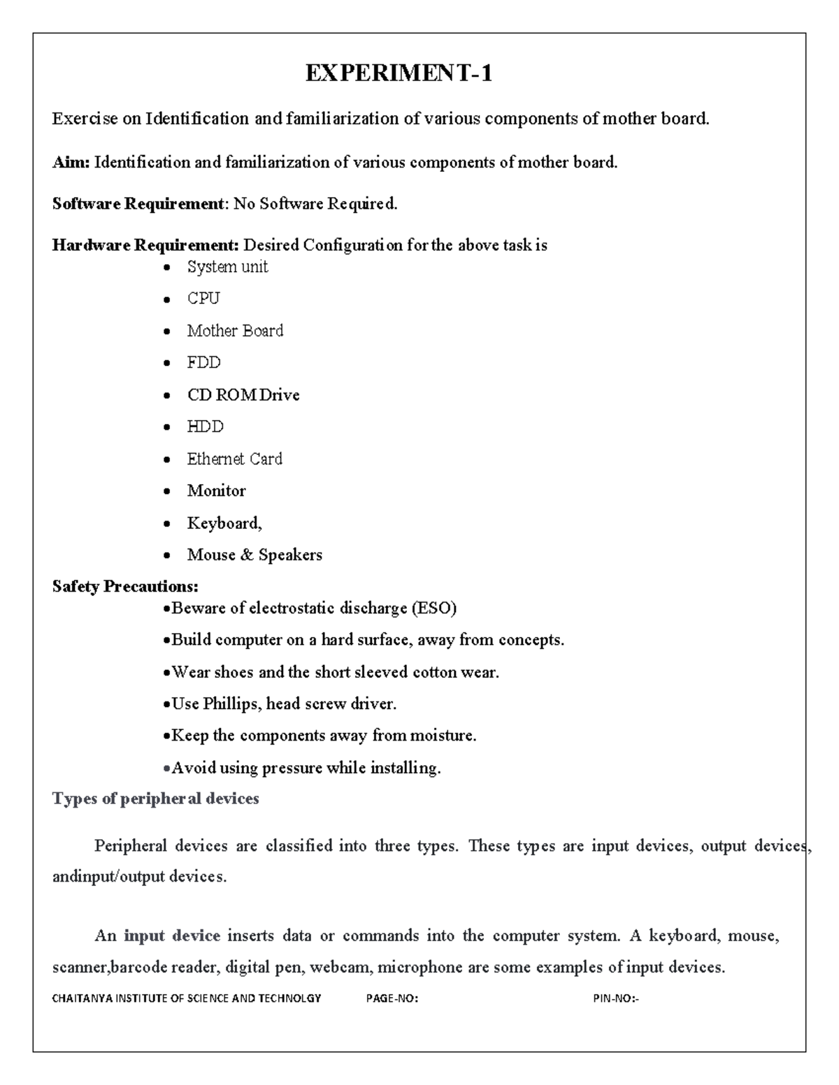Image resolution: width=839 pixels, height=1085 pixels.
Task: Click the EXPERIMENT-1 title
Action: (399, 73)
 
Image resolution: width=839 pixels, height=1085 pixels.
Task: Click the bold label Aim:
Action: (71, 163)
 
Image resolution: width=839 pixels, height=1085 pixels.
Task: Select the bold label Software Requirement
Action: (137, 204)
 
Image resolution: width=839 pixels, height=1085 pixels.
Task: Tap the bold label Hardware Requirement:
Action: (145, 245)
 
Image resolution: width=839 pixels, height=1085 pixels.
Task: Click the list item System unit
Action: (227, 267)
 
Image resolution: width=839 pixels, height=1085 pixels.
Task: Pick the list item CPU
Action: (203, 298)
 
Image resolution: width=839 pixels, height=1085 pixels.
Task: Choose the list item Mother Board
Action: (235, 330)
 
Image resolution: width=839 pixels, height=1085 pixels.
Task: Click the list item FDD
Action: (203, 363)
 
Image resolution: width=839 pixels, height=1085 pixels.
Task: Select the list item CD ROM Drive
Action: (243, 395)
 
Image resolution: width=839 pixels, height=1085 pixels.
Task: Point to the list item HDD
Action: (205, 427)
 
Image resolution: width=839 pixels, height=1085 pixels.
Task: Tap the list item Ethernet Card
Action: (234, 459)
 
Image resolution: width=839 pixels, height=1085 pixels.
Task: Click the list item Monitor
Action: (216, 491)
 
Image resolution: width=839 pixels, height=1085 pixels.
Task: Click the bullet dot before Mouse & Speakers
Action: (166, 556)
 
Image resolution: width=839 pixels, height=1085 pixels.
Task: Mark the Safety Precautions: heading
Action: (125, 586)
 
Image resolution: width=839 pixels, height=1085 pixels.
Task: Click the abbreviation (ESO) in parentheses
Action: (433, 609)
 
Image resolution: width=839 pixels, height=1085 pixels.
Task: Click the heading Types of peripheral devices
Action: (155, 799)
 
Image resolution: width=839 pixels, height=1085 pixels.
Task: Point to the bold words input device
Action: (172, 935)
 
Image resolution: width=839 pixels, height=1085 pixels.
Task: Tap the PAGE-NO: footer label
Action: (392, 998)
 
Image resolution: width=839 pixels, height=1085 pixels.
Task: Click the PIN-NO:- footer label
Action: (615, 998)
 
